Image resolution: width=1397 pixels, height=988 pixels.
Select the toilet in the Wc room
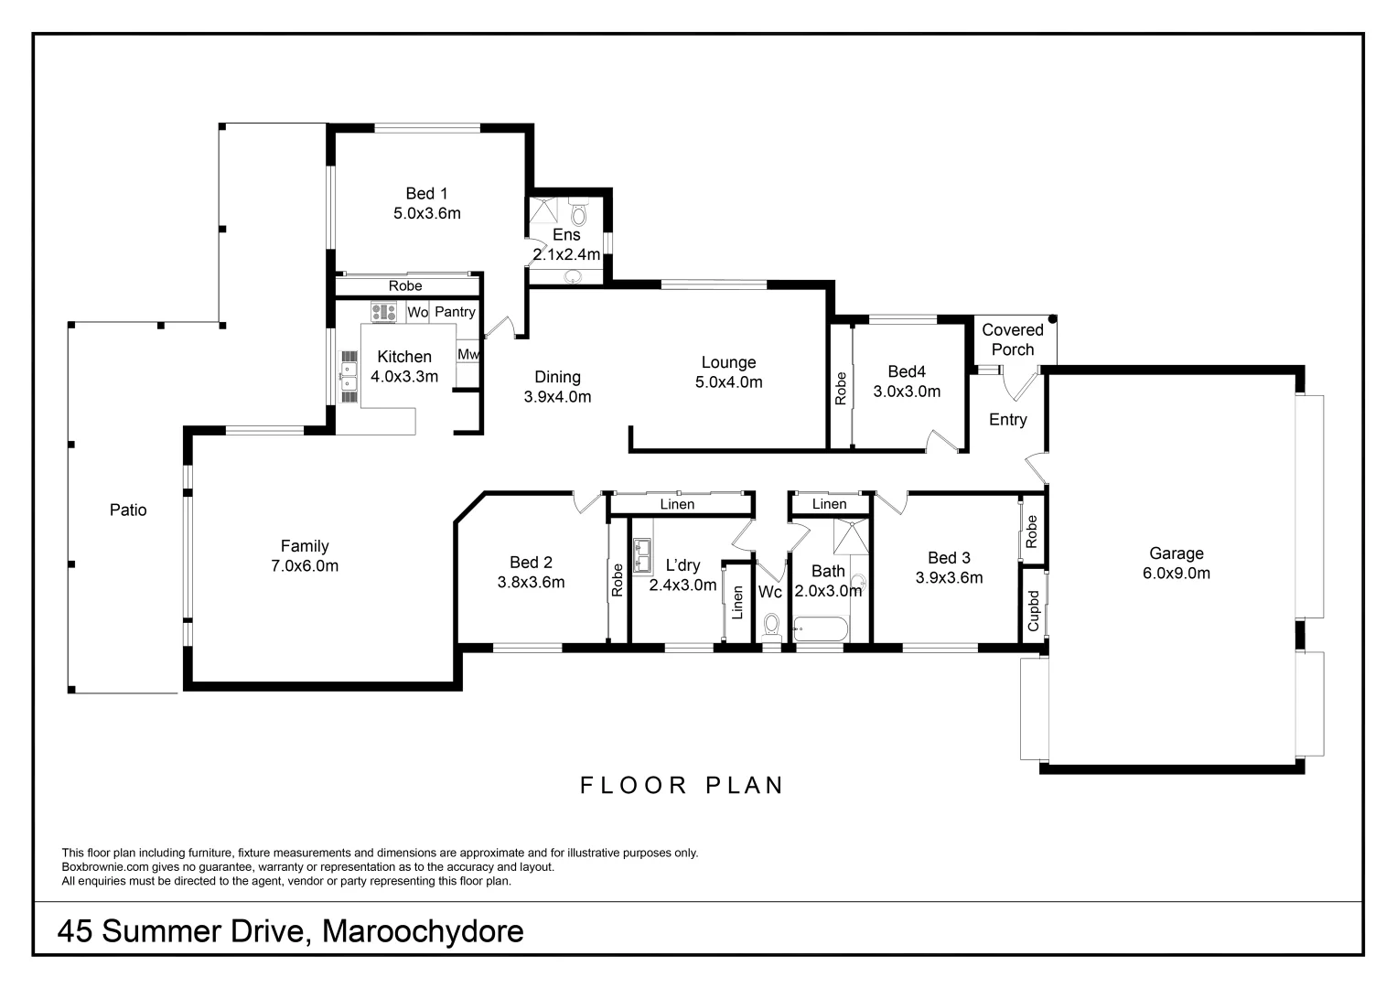pyautogui.click(x=771, y=626)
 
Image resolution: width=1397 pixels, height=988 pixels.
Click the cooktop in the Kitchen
pyautogui.click(x=382, y=312)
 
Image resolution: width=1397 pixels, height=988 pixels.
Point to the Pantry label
pyautogui.click(x=455, y=312)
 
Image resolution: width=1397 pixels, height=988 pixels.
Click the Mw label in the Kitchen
pyautogui.click(x=467, y=354)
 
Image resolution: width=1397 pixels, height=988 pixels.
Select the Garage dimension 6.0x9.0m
pyautogui.click(x=1176, y=574)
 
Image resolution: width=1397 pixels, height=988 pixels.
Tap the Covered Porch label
pyautogui.click(x=1012, y=339)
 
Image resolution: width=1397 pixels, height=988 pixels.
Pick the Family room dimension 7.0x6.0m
pyautogui.click(x=305, y=566)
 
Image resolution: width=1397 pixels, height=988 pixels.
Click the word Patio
pyautogui.click(x=128, y=510)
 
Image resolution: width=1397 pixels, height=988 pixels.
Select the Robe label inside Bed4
pyautogui.click(x=840, y=388)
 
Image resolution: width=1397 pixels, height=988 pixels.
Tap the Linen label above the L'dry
pyautogui.click(x=677, y=504)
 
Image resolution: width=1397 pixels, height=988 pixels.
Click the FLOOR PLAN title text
pyautogui.click(x=682, y=786)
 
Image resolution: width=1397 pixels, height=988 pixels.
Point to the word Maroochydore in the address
pyautogui.click(x=424, y=931)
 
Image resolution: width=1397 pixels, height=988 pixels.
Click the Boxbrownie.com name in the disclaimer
pyautogui.click(x=102, y=867)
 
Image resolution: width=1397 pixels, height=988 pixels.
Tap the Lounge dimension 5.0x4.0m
pyautogui.click(x=728, y=382)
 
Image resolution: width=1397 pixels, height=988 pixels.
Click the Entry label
pyautogui.click(x=1007, y=420)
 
